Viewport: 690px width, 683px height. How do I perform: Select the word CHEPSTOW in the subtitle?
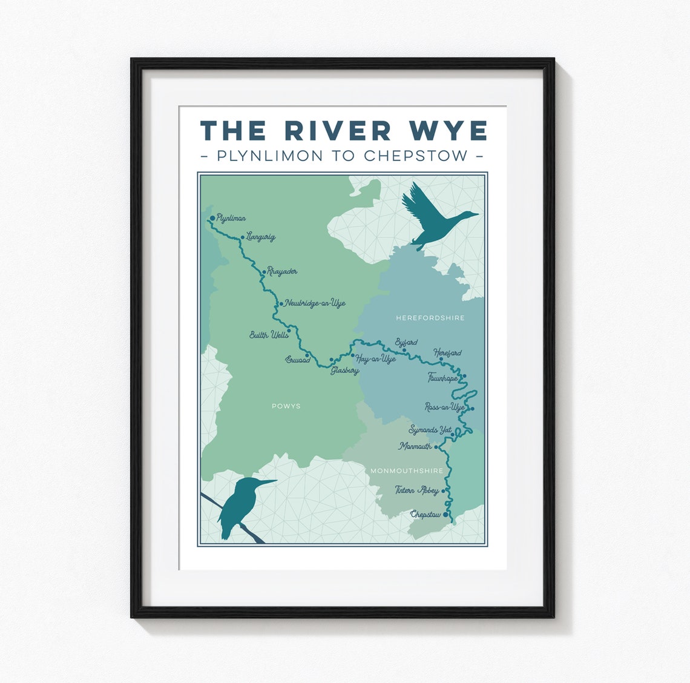[x=416, y=156]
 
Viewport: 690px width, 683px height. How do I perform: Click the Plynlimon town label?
[x=231, y=218]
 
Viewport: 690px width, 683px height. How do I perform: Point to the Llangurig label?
[x=261, y=237]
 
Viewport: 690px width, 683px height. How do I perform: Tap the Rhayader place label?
[x=282, y=272]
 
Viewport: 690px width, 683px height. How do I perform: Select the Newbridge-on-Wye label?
[x=315, y=303]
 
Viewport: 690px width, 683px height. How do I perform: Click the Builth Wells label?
[x=269, y=334]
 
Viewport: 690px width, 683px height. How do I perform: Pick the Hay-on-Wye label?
[x=376, y=359]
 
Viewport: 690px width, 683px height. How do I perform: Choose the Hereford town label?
[x=447, y=352]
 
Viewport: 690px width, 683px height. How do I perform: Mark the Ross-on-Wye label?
[x=445, y=407]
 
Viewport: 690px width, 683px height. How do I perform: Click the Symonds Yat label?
[x=430, y=430]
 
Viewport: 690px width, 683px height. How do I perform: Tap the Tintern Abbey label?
[x=416, y=490]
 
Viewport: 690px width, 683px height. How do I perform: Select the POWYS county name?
[x=286, y=406]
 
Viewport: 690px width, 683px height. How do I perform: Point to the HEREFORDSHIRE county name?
[x=430, y=317]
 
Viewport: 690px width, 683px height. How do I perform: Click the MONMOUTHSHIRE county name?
[x=407, y=470]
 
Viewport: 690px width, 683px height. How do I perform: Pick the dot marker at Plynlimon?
[x=212, y=218]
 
